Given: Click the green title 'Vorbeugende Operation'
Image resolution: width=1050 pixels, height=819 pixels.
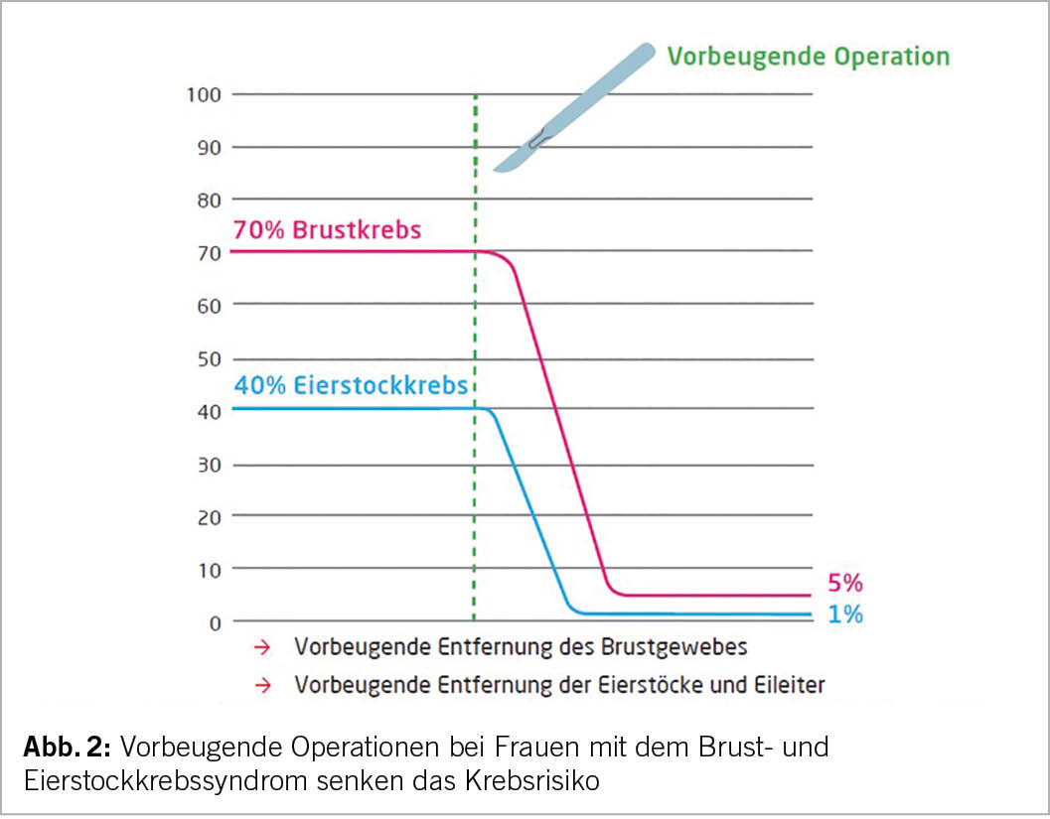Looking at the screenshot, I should [809, 56].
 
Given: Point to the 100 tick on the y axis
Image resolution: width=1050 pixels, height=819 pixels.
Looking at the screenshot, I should [204, 94].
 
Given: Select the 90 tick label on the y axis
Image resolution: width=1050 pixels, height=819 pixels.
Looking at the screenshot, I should [208, 147].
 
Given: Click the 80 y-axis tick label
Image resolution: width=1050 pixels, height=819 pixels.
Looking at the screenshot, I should [208, 200].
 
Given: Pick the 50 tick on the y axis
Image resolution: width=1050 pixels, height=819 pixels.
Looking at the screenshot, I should [208, 357].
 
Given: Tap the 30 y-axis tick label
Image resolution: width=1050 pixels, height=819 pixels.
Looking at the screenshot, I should [208, 464].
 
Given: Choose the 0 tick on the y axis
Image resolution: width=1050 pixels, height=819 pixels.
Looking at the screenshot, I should [213, 622].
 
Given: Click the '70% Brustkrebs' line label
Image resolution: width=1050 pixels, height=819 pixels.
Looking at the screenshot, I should [327, 230].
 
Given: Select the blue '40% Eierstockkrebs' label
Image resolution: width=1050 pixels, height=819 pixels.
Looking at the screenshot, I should [350, 385].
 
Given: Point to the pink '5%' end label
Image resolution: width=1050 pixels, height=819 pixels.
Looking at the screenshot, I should [844, 583].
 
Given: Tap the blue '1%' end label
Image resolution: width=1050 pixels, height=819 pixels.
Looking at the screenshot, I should [844, 614].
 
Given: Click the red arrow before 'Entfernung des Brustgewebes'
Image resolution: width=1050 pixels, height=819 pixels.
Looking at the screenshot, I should [262, 647].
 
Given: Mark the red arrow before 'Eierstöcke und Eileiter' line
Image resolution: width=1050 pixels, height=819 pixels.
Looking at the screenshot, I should [262, 684].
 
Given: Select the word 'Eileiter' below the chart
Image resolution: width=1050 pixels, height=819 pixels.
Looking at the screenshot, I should [790, 684].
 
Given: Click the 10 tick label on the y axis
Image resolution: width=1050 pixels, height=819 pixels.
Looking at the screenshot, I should [208, 569].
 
